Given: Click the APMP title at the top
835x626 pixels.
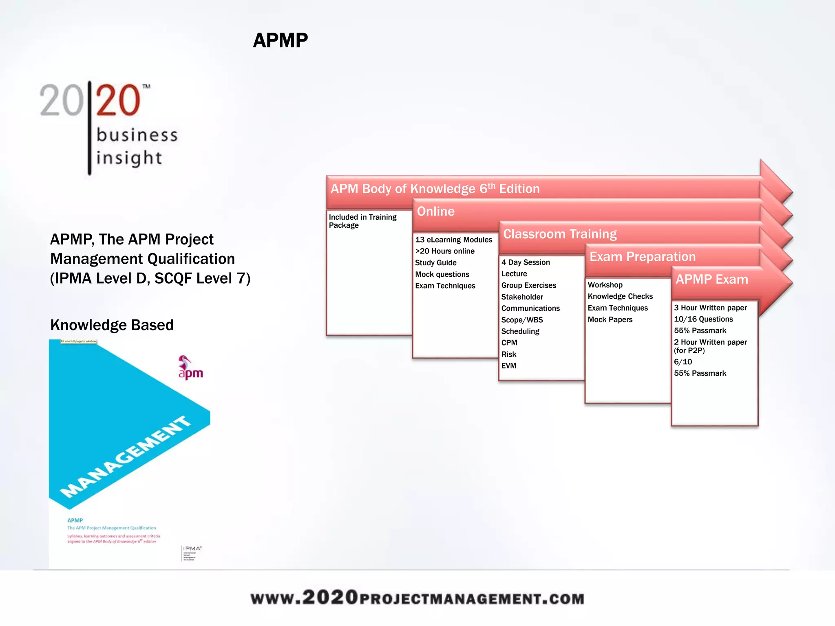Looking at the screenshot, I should click(x=280, y=41).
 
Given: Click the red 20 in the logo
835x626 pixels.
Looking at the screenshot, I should click(x=118, y=100).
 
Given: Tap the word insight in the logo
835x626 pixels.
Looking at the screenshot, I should click(x=129, y=158).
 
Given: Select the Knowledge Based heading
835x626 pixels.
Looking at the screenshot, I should click(x=112, y=325).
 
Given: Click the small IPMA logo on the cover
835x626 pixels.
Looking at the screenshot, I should click(x=192, y=553).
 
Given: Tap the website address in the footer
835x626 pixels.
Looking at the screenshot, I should click(x=417, y=598).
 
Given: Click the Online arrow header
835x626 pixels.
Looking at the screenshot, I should click(x=435, y=212).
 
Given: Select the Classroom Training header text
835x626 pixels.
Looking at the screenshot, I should click(x=560, y=234).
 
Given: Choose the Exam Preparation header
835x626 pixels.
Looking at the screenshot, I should click(x=643, y=257).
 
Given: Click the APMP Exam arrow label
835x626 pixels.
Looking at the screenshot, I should click(x=712, y=280).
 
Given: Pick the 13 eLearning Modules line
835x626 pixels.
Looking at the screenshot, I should click(x=453, y=240).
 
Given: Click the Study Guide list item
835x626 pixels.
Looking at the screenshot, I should click(x=435, y=263).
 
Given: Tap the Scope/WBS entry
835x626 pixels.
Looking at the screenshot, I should click(x=522, y=320).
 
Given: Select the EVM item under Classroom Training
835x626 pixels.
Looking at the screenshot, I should click(x=509, y=366).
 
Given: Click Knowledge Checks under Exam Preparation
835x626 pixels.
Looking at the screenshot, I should click(x=620, y=297).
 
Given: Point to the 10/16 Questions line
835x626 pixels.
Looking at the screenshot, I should click(x=703, y=320).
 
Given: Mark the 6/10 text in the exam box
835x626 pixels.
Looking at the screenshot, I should click(x=683, y=362).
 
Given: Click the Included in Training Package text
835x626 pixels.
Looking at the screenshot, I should click(x=362, y=221).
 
